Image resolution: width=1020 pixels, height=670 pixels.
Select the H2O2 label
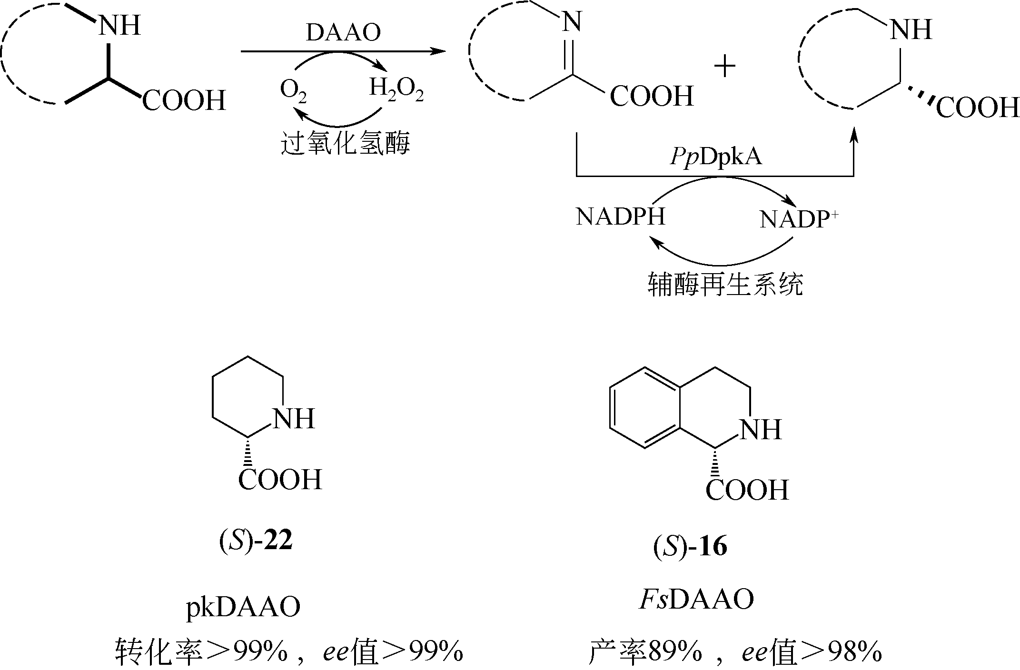click(x=396, y=90)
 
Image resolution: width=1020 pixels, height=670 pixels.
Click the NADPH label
click(x=620, y=217)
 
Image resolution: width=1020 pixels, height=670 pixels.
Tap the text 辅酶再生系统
click(x=725, y=284)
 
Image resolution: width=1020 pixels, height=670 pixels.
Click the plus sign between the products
click(x=725, y=67)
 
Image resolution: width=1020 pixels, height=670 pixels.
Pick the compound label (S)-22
click(x=256, y=541)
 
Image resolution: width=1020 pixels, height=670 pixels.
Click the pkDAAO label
click(x=243, y=608)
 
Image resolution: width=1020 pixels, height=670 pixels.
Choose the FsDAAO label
click(x=696, y=600)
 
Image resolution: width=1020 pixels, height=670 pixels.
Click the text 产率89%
click(x=645, y=652)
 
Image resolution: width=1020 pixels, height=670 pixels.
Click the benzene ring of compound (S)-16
click(x=645, y=407)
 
